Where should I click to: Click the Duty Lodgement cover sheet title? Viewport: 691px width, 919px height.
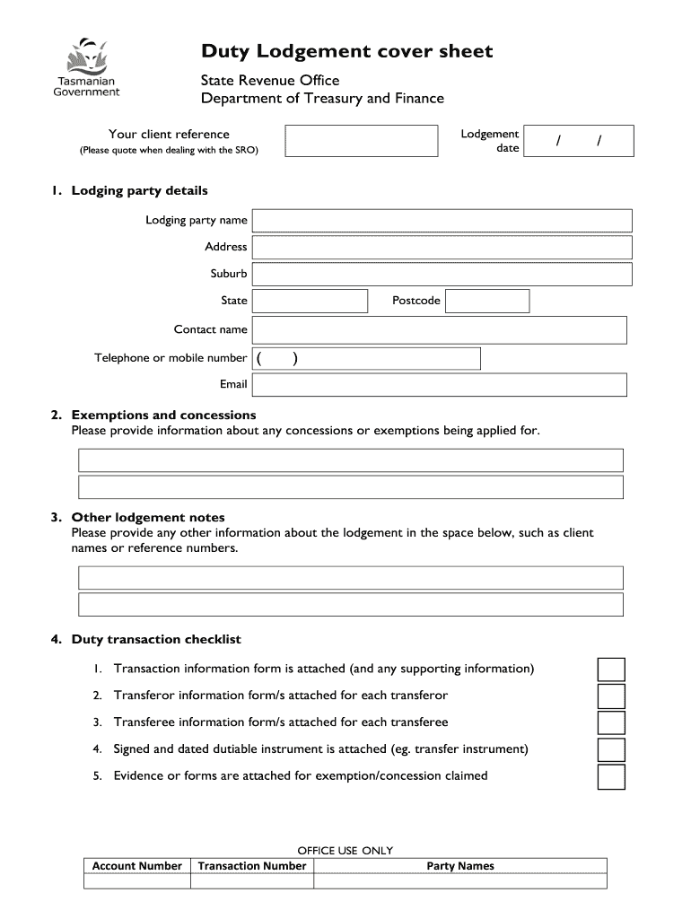pyautogui.click(x=346, y=51)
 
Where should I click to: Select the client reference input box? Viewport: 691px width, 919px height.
pyautogui.click(x=366, y=141)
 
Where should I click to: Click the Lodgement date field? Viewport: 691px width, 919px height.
pyautogui.click(x=580, y=141)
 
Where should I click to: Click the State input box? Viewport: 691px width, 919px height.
pyautogui.click(x=310, y=301)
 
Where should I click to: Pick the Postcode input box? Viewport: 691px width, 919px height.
pyautogui.click(x=487, y=301)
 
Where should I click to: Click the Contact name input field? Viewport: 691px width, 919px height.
pyautogui.click(x=439, y=329)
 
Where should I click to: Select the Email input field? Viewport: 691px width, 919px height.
pyautogui.click(x=439, y=384)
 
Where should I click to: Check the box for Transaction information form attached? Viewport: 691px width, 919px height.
pyautogui.click(x=611, y=670)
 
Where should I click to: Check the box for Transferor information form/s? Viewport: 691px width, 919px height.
pyautogui.click(x=611, y=696)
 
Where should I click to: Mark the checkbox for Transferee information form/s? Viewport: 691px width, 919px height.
pyautogui.click(x=611, y=723)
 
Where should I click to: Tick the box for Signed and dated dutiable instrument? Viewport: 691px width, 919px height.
pyautogui.click(x=611, y=749)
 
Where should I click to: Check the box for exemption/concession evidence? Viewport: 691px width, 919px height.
pyautogui.click(x=611, y=776)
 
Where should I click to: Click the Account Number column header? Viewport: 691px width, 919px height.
pyautogui.click(x=137, y=866)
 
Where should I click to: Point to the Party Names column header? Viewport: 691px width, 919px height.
pyautogui.click(x=459, y=866)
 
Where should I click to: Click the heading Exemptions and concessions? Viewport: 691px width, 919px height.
pyautogui.click(x=163, y=415)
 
